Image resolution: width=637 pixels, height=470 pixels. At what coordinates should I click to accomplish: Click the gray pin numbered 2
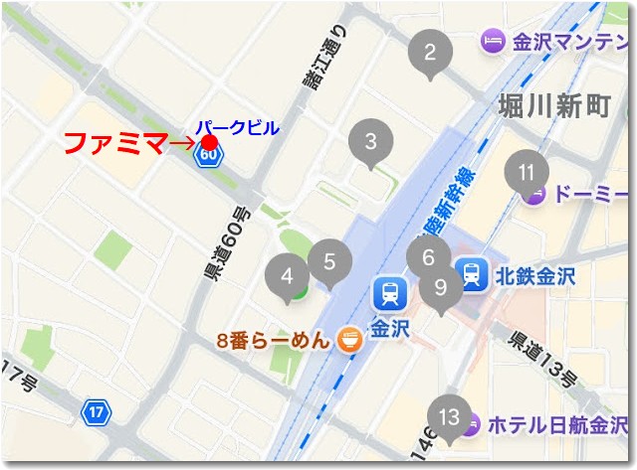click(x=430, y=53)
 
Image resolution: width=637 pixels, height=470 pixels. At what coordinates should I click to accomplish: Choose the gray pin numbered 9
click(x=439, y=289)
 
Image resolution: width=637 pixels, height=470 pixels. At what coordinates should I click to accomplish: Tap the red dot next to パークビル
click(x=209, y=142)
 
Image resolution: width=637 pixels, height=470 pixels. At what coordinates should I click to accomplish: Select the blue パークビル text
click(x=237, y=127)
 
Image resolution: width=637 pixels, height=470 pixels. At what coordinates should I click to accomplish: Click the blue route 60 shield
click(x=209, y=157)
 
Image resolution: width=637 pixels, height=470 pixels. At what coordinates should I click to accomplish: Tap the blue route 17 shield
click(x=96, y=411)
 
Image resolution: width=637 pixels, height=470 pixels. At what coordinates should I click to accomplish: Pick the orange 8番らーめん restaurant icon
click(x=349, y=340)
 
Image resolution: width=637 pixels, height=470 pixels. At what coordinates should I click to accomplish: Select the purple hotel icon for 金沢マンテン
click(x=493, y=42)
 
